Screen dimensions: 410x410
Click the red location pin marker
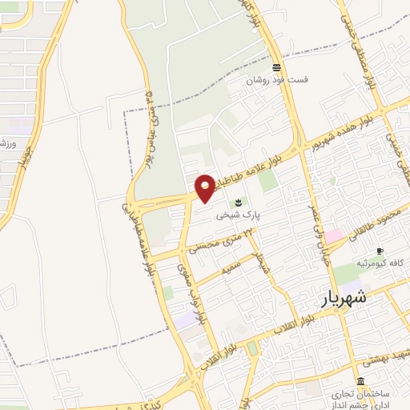point(205,187)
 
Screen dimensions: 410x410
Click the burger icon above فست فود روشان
point(276,67)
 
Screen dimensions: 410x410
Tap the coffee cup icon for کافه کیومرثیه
point(380,251)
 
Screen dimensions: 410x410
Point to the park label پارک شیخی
point(236,215)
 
